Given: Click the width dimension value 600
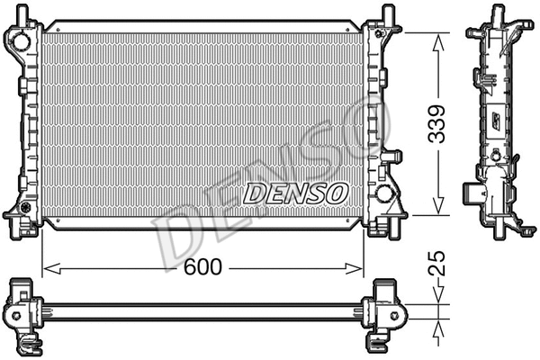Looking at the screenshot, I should [204, 268].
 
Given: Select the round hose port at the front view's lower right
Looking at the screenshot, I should [383, 193].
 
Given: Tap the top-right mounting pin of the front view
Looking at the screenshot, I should [387, 13].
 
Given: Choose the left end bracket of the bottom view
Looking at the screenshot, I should [22, 311].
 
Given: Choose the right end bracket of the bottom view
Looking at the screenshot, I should [384, 311].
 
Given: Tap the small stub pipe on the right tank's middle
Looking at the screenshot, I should [391, 157].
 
